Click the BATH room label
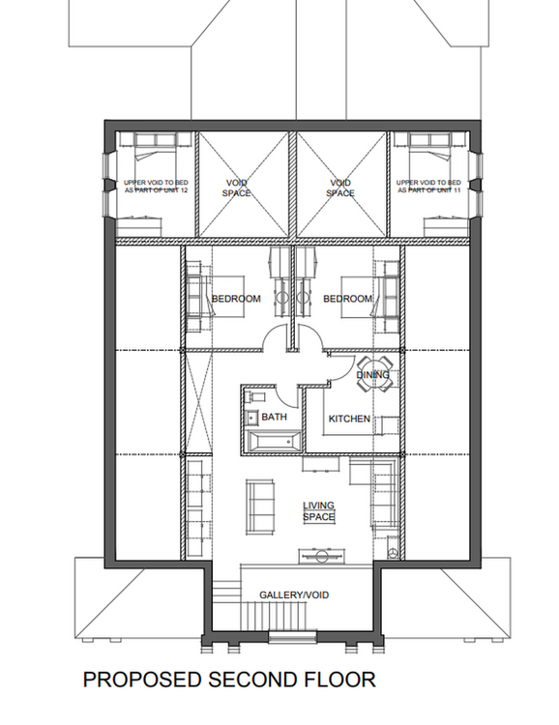[274, 417]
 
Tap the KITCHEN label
[349, 419]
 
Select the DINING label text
[372, 374]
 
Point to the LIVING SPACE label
[318, 511]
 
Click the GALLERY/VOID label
[294, 594]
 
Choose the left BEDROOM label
[236, 299]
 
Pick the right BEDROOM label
[348, 299]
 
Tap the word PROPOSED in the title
[142, 680]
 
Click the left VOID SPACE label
[237, 188]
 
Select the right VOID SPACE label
[340, 188]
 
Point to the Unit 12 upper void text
[156, 187]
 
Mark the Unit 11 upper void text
[429, 187]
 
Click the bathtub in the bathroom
[273, 442]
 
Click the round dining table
[375, 373]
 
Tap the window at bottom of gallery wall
[292, 637]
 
